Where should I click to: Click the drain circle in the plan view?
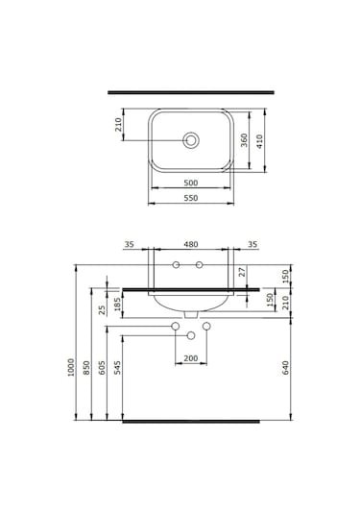click(192, 141)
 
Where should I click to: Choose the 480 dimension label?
click(188, 244)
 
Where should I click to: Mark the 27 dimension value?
click(243, 273)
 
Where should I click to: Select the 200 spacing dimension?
click(190, 358)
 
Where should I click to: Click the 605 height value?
click(102, 368)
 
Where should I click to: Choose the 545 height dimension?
click(117, 368)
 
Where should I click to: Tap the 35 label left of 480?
click(130, 244)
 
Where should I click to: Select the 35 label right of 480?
click(252, 244)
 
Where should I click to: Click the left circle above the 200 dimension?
click(175, 329)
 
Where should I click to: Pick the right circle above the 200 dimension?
click(205, 329)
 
